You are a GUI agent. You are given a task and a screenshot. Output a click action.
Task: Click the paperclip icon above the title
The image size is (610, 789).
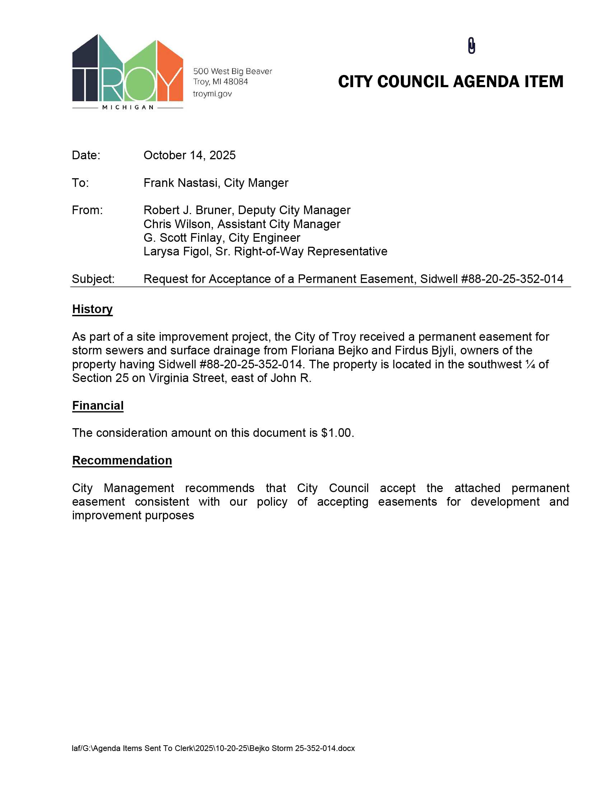[471, 46]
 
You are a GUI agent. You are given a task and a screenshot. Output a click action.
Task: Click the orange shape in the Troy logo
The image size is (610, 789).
[170, 72]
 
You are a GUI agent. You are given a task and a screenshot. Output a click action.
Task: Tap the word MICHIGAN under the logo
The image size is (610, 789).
[128, 107]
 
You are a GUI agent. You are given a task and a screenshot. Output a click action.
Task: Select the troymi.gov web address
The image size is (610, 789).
[212, 94]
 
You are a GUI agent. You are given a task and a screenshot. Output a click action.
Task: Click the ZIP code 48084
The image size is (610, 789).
[236, 82]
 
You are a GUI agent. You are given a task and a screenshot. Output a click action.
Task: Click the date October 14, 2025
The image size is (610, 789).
[189, 155]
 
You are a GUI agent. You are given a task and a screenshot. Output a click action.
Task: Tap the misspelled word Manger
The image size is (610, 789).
[268, 183]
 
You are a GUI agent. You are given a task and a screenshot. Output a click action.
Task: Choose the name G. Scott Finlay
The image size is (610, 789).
[184, 238]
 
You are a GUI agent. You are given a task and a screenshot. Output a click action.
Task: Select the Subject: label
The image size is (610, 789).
[93, 279]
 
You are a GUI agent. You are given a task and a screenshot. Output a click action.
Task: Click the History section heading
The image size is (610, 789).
[93, 309]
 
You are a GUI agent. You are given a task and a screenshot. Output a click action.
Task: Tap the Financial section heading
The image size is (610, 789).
[98, 406]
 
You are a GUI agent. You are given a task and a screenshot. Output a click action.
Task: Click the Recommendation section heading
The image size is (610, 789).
[122, 460]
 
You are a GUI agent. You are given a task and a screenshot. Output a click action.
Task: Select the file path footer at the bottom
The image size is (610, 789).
[213, 748]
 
